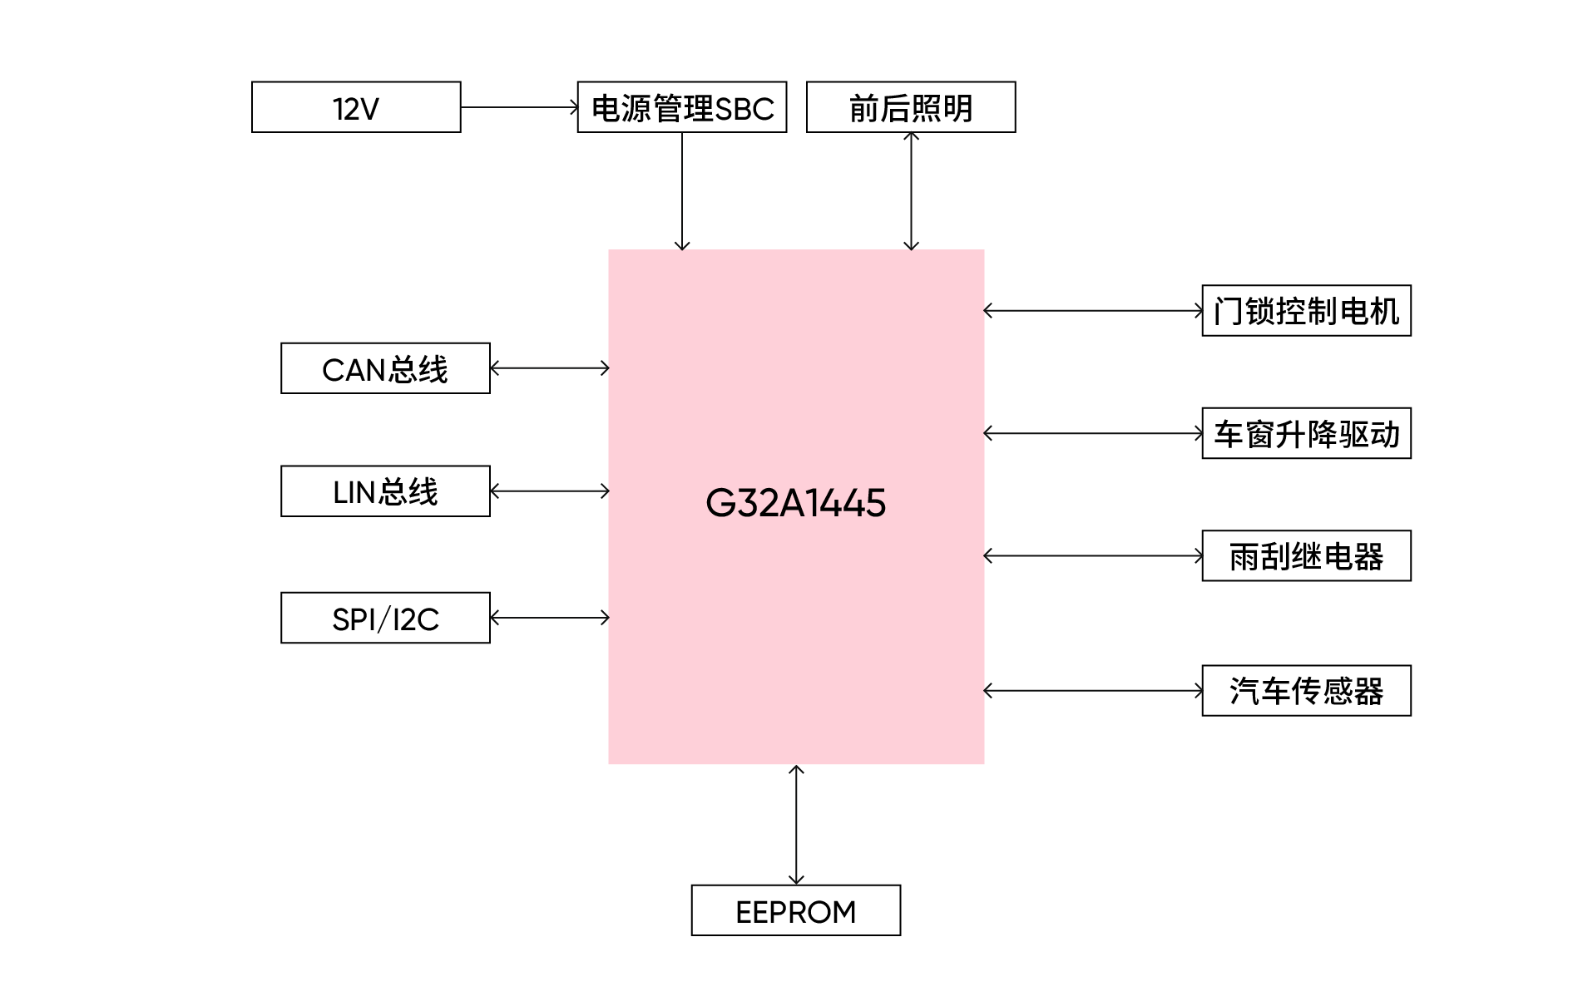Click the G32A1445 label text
coord(796,503)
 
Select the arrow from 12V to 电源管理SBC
coord(520,107)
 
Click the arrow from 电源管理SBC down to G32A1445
coord(682,191)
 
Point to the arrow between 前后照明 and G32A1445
coord(911,191)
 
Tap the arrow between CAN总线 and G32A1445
coord(550,368)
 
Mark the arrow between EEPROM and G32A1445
coord(796,825)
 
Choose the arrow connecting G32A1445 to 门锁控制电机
coord(1093,311)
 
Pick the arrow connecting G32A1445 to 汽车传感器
coord(1093,690)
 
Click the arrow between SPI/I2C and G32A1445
coord(550,618)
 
